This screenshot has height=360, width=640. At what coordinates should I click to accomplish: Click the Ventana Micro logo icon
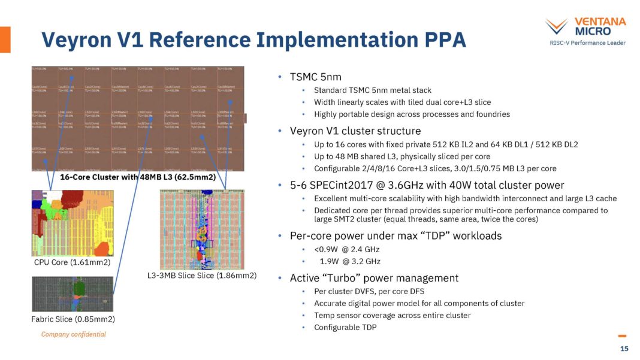[x=556, y=26]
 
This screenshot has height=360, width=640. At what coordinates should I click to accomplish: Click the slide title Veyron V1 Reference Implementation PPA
[x=253, y=40]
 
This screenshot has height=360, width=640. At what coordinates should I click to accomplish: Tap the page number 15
[x=624, y=349]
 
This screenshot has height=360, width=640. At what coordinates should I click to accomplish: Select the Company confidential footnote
[x=73, y=334]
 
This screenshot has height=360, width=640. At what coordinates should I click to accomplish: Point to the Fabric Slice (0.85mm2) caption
[x=73, y=319]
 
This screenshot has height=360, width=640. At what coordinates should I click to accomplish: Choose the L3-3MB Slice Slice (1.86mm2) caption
[x=202, y=276]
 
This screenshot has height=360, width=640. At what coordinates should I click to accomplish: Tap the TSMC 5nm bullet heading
[x=316, y=77]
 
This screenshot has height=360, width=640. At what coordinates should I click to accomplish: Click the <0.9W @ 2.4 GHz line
[x=347, y=249]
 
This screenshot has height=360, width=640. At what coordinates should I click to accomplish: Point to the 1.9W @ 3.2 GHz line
[x=350, y=261]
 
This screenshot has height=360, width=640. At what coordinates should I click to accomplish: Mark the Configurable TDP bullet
[x=345, y=327]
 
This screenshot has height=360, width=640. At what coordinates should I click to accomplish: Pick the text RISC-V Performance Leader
[x=587, y=43]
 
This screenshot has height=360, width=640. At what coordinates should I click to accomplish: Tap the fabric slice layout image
[x=72, y=294]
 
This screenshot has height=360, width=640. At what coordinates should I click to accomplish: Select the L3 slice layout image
[x=202, y=229]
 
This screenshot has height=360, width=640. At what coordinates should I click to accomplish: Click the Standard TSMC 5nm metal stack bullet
[x=372, y=90]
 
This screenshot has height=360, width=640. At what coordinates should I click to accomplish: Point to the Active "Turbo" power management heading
[x=374, y=278]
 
